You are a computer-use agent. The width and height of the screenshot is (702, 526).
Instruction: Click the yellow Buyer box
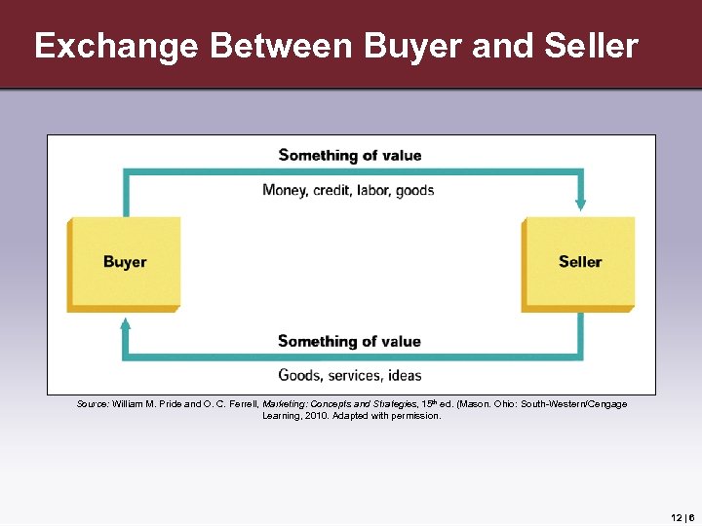tap(124, 262)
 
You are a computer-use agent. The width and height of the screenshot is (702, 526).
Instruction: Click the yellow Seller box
tap(579, 262)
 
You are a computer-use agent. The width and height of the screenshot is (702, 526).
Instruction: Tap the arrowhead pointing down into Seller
tap(581, 205)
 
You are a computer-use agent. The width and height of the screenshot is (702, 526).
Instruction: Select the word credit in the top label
tap(333, 190)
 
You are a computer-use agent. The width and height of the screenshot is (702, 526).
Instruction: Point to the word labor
tap(376, 190)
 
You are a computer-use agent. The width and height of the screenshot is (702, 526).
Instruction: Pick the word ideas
tap(404, 375)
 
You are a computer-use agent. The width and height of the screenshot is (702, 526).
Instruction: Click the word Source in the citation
tap(92, 403)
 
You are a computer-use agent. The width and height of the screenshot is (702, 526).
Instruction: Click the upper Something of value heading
tap(350, 155)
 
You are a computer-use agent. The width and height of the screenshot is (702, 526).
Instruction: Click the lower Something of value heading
tap(350, 341)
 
